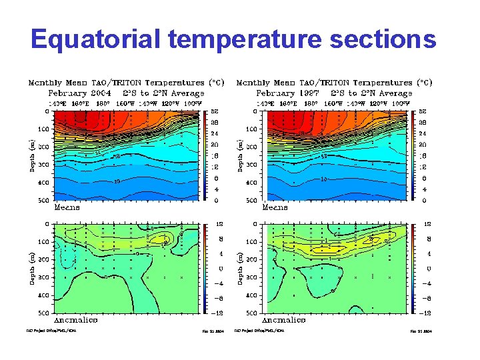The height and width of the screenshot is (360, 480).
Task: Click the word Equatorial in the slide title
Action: pyautogui.click(x=97, y=39)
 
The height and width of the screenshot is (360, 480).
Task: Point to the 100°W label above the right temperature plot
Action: pyautogui.click(x=400, y=103)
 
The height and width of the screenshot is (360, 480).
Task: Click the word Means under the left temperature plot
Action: pyautogui.click(x=67, y=207)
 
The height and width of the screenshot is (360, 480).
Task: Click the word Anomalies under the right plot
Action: pyautogui.click(x=284, y=320)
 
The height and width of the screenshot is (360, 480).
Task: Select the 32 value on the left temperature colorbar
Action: pyautogui.click(x=215, y=112)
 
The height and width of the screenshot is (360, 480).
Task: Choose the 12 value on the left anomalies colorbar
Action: pyautogui.click(x=215, y=224)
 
